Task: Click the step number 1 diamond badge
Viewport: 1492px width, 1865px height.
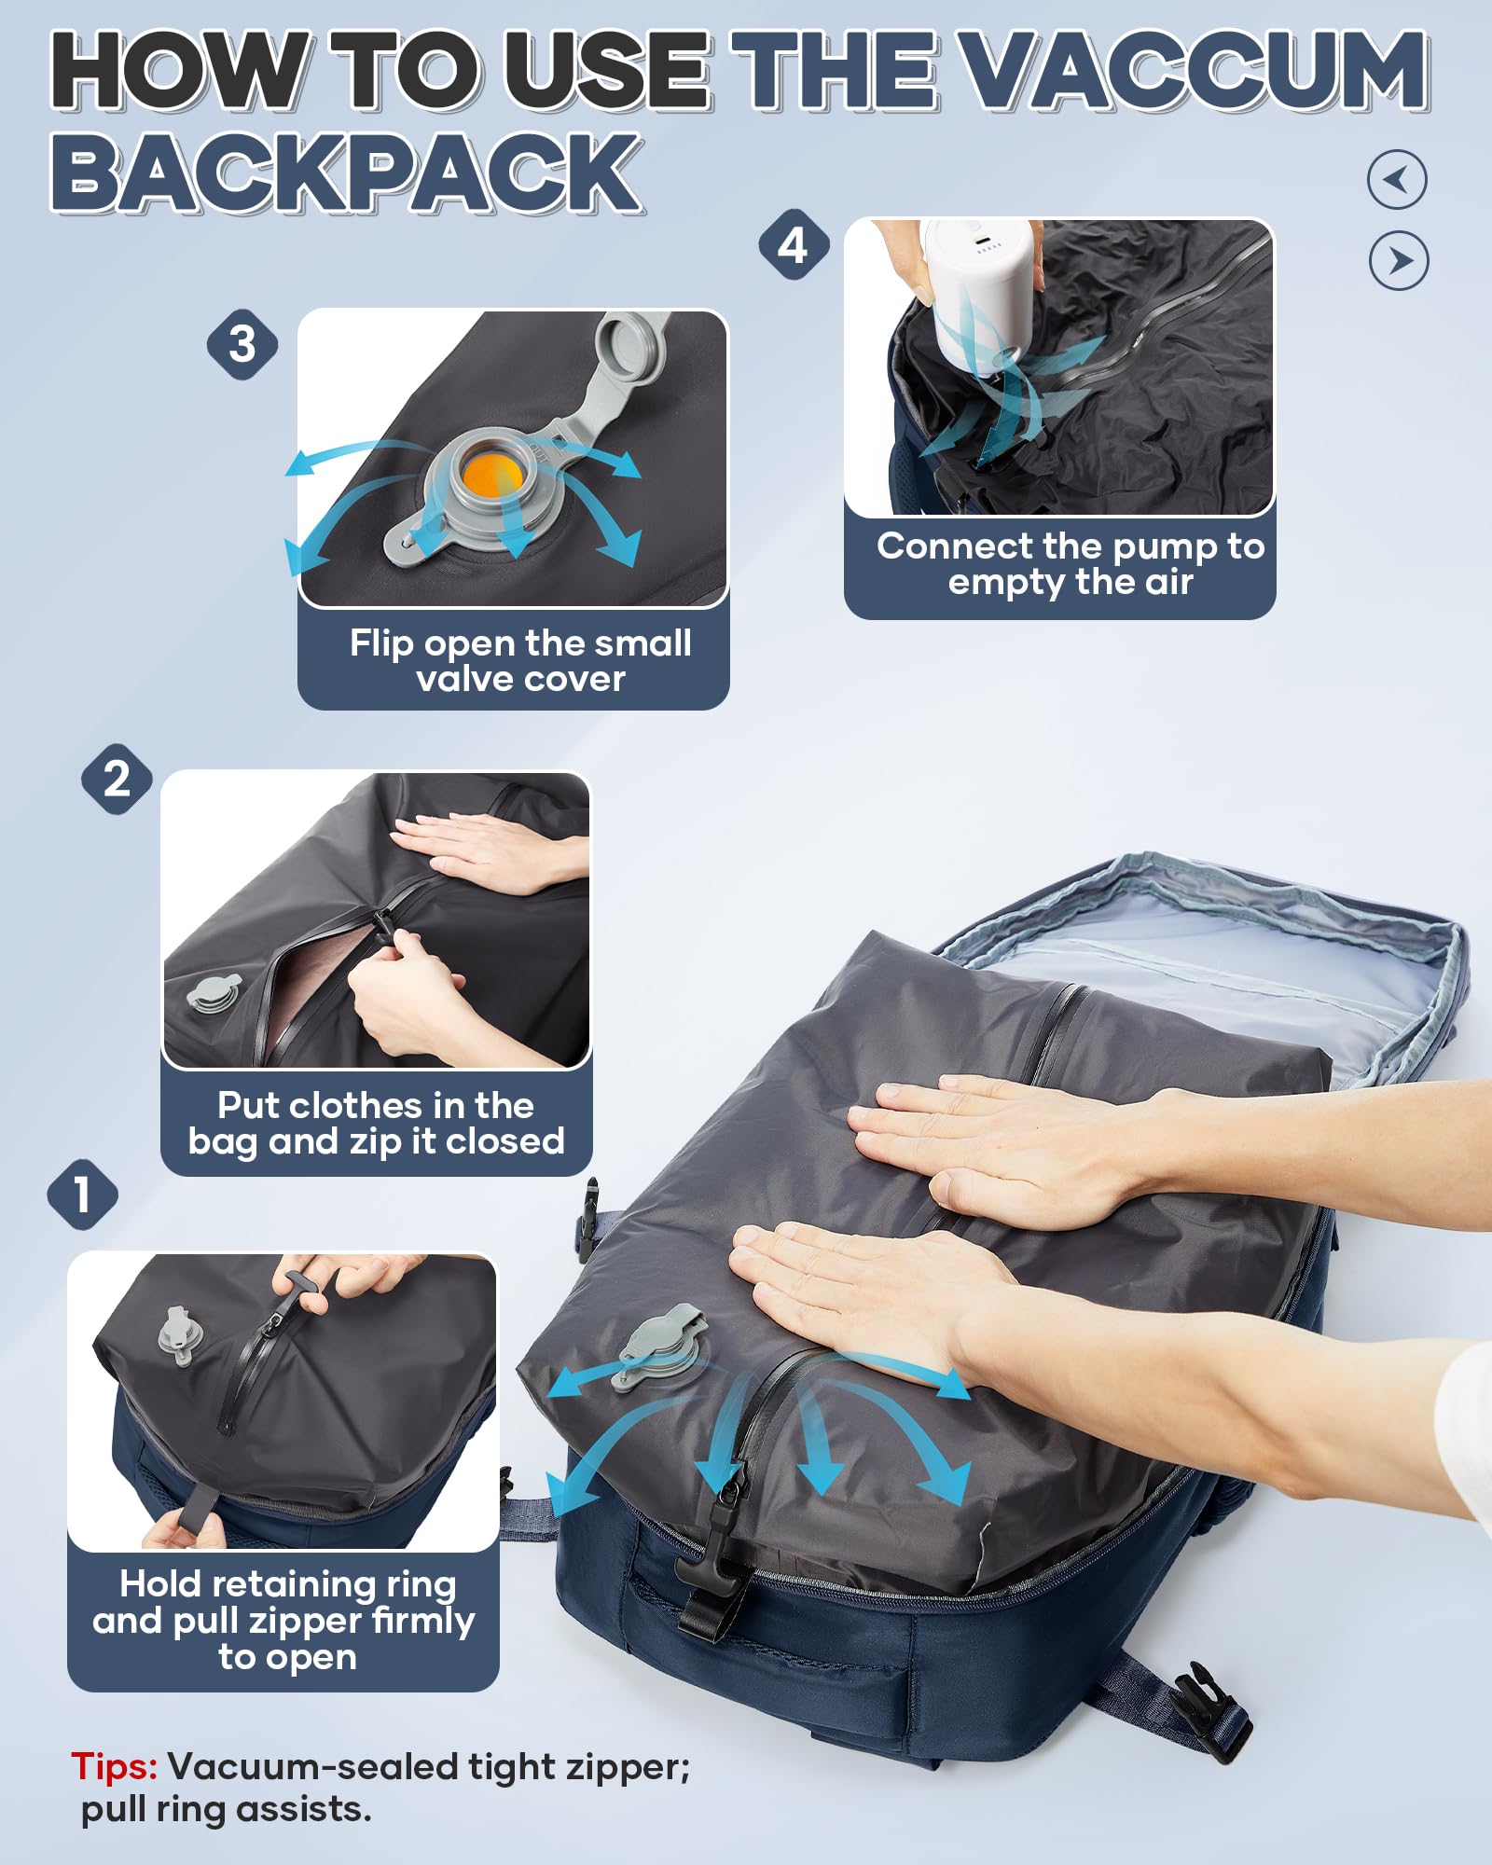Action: point(82,1195)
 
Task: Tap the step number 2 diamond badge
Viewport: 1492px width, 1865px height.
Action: point(117,779)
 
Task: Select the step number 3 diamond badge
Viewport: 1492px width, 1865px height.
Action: point(242,344)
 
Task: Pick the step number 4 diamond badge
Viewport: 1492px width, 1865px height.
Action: point(793,245)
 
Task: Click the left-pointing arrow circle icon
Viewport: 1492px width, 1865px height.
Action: point(1396,179)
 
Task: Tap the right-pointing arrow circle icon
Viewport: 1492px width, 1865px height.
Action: point(1398,261)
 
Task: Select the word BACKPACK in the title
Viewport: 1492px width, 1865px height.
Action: point(346,173)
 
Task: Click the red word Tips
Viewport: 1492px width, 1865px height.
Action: point(114,1767)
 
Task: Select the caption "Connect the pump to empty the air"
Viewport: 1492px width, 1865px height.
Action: point(1070,563)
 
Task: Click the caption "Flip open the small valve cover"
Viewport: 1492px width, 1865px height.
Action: point(520,660)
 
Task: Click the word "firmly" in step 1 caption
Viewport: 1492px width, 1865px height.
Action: point(422,1621)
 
